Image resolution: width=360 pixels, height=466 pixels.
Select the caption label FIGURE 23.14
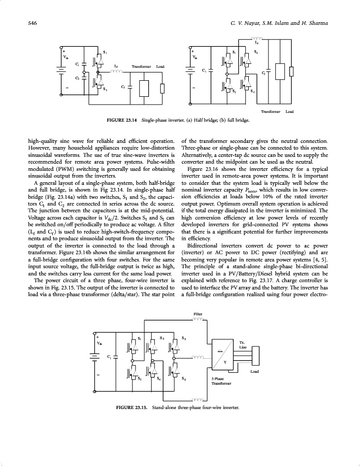122,121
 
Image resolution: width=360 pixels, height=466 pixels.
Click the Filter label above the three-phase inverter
199,313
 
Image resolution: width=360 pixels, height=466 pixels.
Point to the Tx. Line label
243,345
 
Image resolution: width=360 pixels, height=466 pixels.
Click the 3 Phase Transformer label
221,382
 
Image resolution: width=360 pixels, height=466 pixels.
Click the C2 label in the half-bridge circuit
78,78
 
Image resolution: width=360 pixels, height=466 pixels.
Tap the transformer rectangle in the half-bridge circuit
145,89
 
